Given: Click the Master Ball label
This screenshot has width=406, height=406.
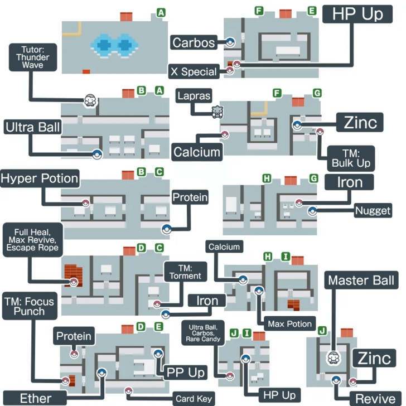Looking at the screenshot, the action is pyautogui.click(x=361, y=280).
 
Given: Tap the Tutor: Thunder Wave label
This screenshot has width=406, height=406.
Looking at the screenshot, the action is pyautogui.click(x=32, y=57).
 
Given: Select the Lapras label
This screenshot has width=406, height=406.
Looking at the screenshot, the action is pyautogui.click(x=194, y=96).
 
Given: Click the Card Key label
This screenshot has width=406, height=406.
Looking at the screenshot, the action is pyautogui.click(x=194, y=399).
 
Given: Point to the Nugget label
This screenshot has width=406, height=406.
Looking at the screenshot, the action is pyautogui.click(x=373, y=210).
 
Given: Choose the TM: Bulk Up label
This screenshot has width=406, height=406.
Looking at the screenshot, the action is pyautogui.click(x=351, y=158).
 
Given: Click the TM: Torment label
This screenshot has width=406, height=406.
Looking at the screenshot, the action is pyautogui.click(x=185, y=272).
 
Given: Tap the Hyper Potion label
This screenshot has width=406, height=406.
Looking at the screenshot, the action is pyautogui.click(x=40, y=178).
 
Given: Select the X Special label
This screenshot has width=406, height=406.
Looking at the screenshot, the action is pyautogui.click(x=194, y=71).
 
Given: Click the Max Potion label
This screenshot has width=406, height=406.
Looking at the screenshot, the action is pyautogui.click(x=290, y=323).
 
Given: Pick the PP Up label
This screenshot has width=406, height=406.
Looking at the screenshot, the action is pyautogui.click(x=185, y=373).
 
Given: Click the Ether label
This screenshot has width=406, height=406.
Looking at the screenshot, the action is pyautogui.click(x=35, y=398).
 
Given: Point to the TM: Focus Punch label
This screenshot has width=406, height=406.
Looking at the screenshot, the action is pyautogui.click(x=30, y=306).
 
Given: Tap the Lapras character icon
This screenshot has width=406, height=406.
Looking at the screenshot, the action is pyautogui.click(x=217, y=112).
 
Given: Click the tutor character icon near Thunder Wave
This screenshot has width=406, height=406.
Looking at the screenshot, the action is pyautogui.click(x=90, y=101).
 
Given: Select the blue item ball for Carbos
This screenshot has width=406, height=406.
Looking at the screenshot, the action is pyautogui.click(x=230, y=42).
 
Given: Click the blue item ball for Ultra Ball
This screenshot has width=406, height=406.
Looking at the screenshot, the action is pyautogui.click(x=97, y=154).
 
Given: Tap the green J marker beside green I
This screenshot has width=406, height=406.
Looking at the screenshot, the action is pyautogui.click(x=234, y=333).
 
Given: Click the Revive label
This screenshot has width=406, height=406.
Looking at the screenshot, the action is pyautogui.click(x=375, y=399).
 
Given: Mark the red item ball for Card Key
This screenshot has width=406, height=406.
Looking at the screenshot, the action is pyautogui.click(x=128, y=391).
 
